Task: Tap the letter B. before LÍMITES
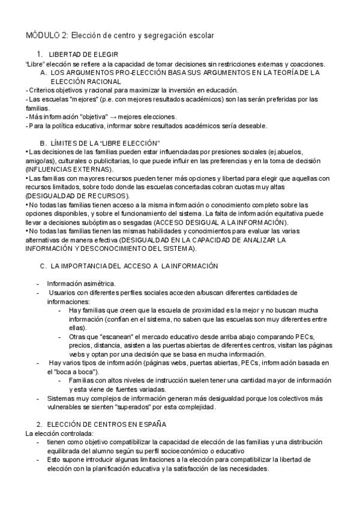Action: coord(43,143)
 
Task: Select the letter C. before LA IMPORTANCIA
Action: coord(43,265)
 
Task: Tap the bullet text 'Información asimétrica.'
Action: coord(82,283)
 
